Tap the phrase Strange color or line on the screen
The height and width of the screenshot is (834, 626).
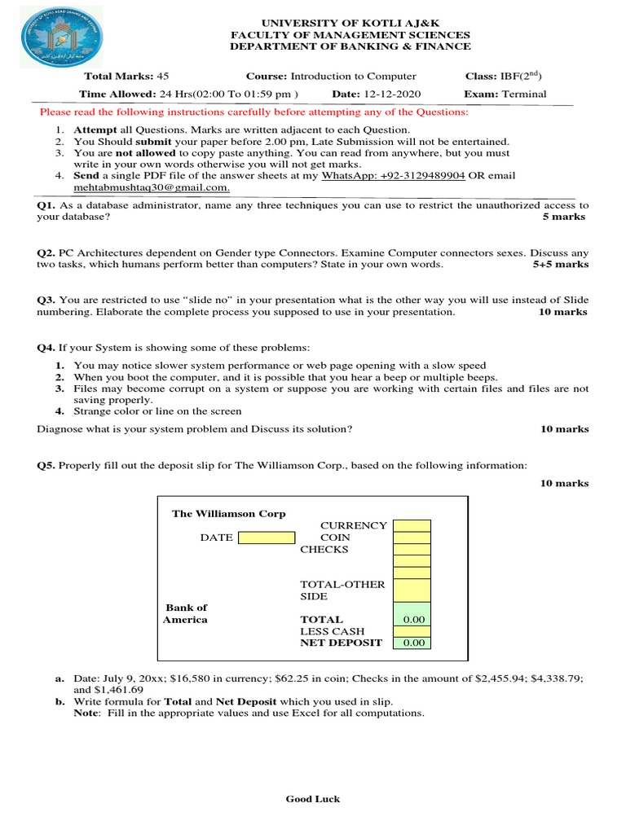[157, 411]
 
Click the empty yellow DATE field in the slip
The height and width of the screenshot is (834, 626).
[267, 538]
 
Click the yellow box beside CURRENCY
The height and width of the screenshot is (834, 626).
[412, 525]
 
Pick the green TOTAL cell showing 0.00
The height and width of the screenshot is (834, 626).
[412, 620]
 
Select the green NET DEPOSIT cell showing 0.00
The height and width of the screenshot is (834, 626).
[412, 643]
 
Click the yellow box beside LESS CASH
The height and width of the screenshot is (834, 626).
[412, 631]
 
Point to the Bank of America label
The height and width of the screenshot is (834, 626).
[186, 613]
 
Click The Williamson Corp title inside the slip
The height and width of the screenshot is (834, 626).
[228, 514]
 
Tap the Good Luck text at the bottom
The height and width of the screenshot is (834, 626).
[313, 799]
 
